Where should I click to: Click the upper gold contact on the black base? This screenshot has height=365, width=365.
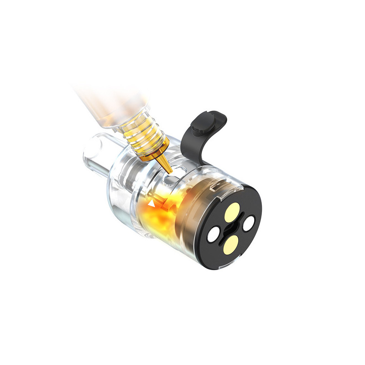pyautogui.click(x=231, y=211)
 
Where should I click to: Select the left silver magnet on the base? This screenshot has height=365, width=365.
pyautogui.click(x=213, y=236)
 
